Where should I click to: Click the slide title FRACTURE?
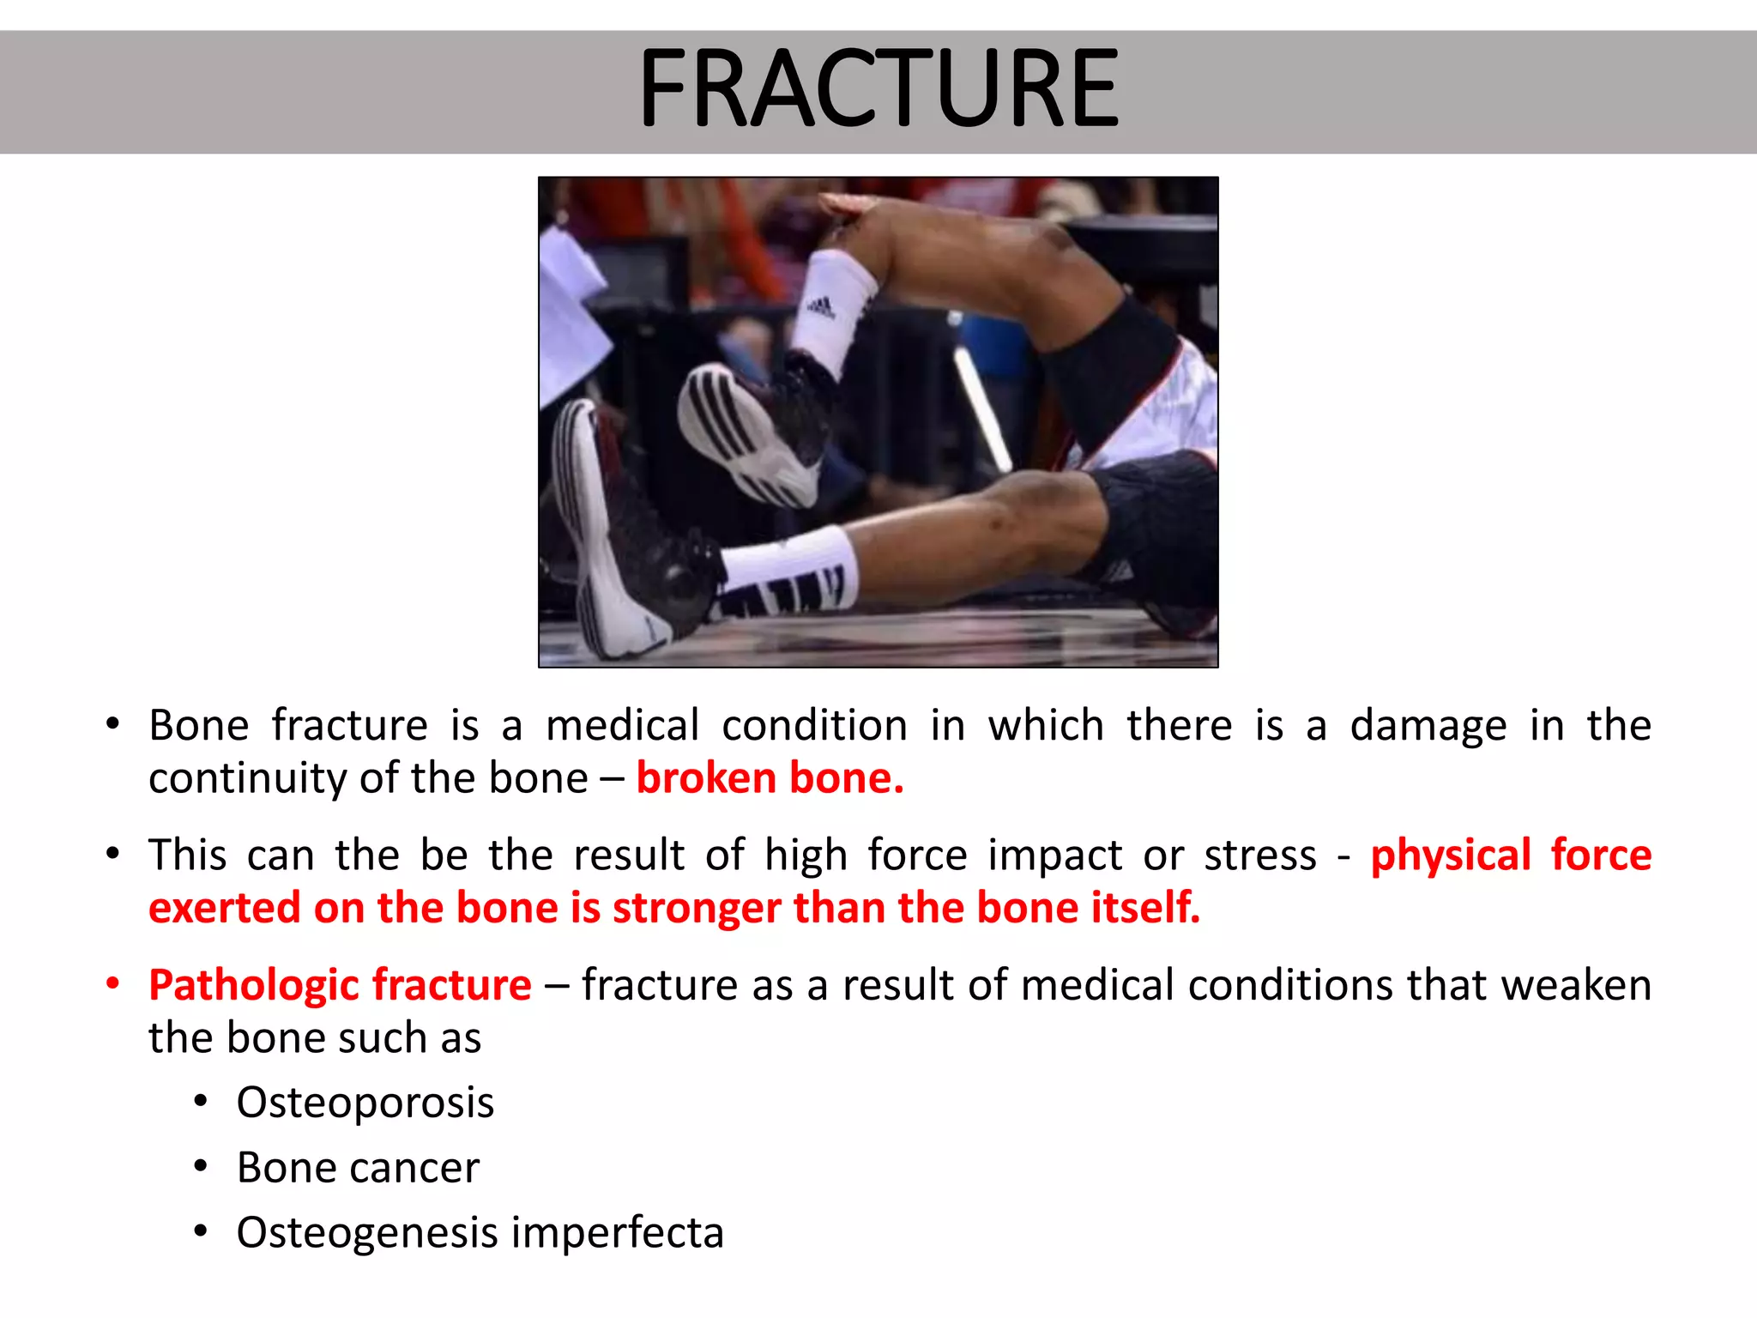(x=878, y=89)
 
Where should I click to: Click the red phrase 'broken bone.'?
(x=770, y=778)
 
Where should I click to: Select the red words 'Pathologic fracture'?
(x=340, y=985)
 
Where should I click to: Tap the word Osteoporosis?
(x=365, y=1103)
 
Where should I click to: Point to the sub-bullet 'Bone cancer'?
(x=358, y=1168)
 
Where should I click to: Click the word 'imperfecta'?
(x=618, y=1233)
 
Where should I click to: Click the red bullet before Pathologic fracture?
(x=113, y=984)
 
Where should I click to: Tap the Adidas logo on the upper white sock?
(x=821, y=306)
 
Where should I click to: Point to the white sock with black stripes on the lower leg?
(x=789, y=575)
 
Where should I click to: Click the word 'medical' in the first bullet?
(x=623, y=726)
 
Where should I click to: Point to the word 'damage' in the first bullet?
(x=1428, y=726)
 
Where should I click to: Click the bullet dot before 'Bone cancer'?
(x=201, y=1166)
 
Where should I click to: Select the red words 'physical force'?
(x=1510, y=855)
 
